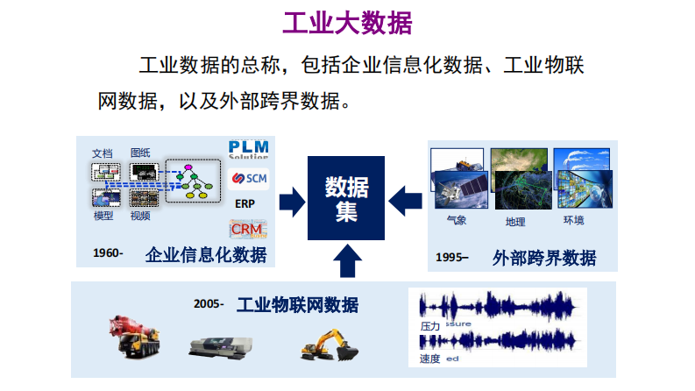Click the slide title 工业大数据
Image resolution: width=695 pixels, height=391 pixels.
pos(348,23)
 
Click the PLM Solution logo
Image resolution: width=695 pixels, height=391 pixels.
pos(248,149)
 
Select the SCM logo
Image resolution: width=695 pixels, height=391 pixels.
pos(248,178)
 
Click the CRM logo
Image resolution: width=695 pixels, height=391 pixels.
pos(247,229)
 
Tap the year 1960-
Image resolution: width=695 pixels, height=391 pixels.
pos(109,253)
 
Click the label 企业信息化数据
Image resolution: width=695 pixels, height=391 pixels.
pos(206,254)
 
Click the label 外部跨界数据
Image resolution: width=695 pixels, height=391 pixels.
pos(544,258)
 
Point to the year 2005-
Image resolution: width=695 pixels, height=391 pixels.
pos(209,305)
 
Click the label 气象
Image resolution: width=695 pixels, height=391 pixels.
pos(457,220)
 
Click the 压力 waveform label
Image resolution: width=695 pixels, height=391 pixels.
pos(430,325)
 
